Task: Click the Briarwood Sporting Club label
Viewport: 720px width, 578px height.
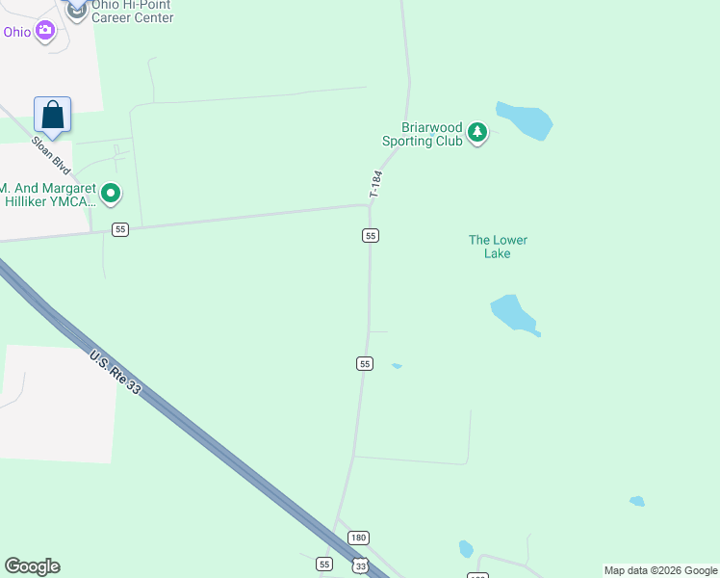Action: [423, 134]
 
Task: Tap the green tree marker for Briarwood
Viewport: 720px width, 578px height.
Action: [477, 134]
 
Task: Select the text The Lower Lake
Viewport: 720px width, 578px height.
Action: [498, 247]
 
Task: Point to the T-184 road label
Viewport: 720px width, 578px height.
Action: [376, 184]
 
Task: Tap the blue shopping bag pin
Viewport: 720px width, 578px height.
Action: [53, 115]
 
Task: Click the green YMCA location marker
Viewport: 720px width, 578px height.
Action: [111, 195]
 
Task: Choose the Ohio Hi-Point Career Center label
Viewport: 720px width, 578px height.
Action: [132, 12]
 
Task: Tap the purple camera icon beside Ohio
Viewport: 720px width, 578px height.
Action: [44, 32]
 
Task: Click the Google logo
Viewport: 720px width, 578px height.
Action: [32, 566]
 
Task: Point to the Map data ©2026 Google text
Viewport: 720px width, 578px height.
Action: [661, 570]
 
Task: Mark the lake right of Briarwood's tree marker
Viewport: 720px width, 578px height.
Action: [524, 120]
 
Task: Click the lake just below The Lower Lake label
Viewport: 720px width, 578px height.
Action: [514, 314]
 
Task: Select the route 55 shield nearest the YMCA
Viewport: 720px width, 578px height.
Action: [119, 229]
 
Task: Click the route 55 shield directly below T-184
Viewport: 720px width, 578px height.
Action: [371, 235]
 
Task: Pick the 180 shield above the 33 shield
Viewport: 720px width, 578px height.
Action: [358, 538]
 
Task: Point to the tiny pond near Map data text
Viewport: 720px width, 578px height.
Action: [636, 501]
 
